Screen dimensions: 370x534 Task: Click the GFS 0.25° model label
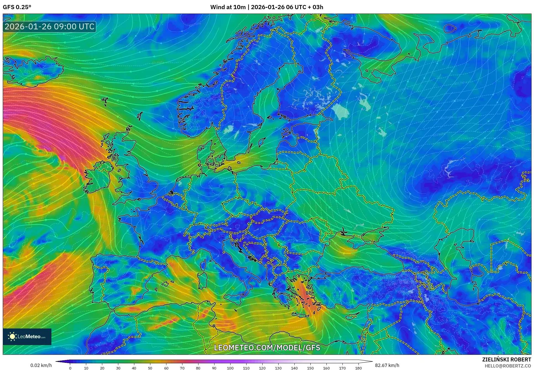click(17, 7)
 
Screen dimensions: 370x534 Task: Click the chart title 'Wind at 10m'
click(228, 7)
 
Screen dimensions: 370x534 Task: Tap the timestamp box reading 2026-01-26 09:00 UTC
click(49, 27)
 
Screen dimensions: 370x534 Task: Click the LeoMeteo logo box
click(27, 337)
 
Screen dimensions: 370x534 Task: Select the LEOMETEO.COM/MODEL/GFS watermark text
click(267, 348)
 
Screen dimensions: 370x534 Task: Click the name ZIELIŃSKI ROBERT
click(506, 359)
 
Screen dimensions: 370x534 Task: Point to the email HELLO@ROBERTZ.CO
click(507, 366)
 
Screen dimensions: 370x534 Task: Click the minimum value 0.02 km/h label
click(41, 365)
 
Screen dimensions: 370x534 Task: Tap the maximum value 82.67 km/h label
click(387, 365)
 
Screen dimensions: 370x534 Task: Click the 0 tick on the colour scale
click(70, 368)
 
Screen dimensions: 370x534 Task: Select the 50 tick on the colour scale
click(150, 368)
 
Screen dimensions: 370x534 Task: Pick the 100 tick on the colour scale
click(230, 368)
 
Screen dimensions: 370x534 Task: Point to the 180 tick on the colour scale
click(358, 368)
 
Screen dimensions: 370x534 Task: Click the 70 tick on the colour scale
click(182, 368)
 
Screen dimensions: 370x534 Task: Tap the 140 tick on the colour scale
click(294, 368)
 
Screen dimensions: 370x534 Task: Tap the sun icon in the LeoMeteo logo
click(12, 337)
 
